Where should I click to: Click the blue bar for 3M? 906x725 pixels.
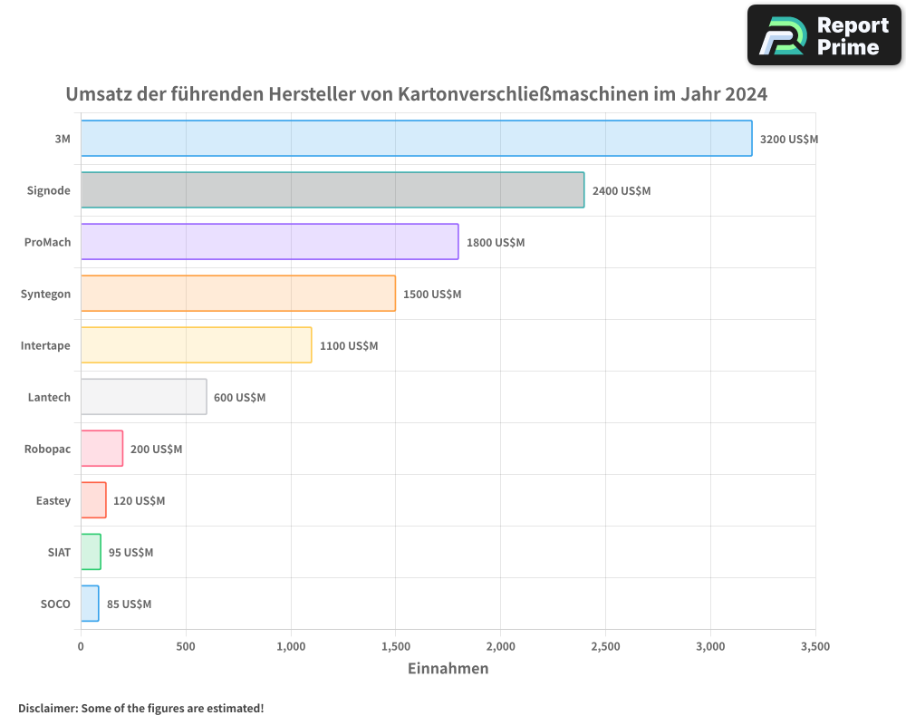(x=416, y=139)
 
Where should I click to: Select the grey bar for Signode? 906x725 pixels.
(x=333, y=190)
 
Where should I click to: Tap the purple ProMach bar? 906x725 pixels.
(x=269, y=242)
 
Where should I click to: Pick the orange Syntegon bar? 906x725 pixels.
(x=237, y=294)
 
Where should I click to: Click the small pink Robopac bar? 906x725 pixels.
(x=101, y=449)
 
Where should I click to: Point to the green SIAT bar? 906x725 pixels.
(x=91, y=552)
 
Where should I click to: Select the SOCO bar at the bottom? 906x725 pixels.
(x=90, y=604)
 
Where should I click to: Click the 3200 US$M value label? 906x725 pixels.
(x=788, y=140)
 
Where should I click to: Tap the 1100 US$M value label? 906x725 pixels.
(x=349, y=346)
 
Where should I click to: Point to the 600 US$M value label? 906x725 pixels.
(x=239, y=398)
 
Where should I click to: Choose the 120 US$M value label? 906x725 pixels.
(x=139, y=501)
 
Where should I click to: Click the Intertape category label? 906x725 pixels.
(x=45, y=345)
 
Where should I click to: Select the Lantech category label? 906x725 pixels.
(x=49, y=397)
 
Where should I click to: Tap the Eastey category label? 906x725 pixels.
(x=53, y=500)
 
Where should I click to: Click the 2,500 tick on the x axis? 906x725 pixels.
(x=605, y=647)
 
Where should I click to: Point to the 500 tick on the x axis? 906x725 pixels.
(x=186, y=647)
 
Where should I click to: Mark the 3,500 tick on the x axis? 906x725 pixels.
(x=814, y=647)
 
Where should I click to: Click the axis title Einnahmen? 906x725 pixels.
(x=448, y=669)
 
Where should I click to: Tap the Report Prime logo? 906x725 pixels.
(x=824, y=35)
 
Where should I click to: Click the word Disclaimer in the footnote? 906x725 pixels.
(x=46, y=708)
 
